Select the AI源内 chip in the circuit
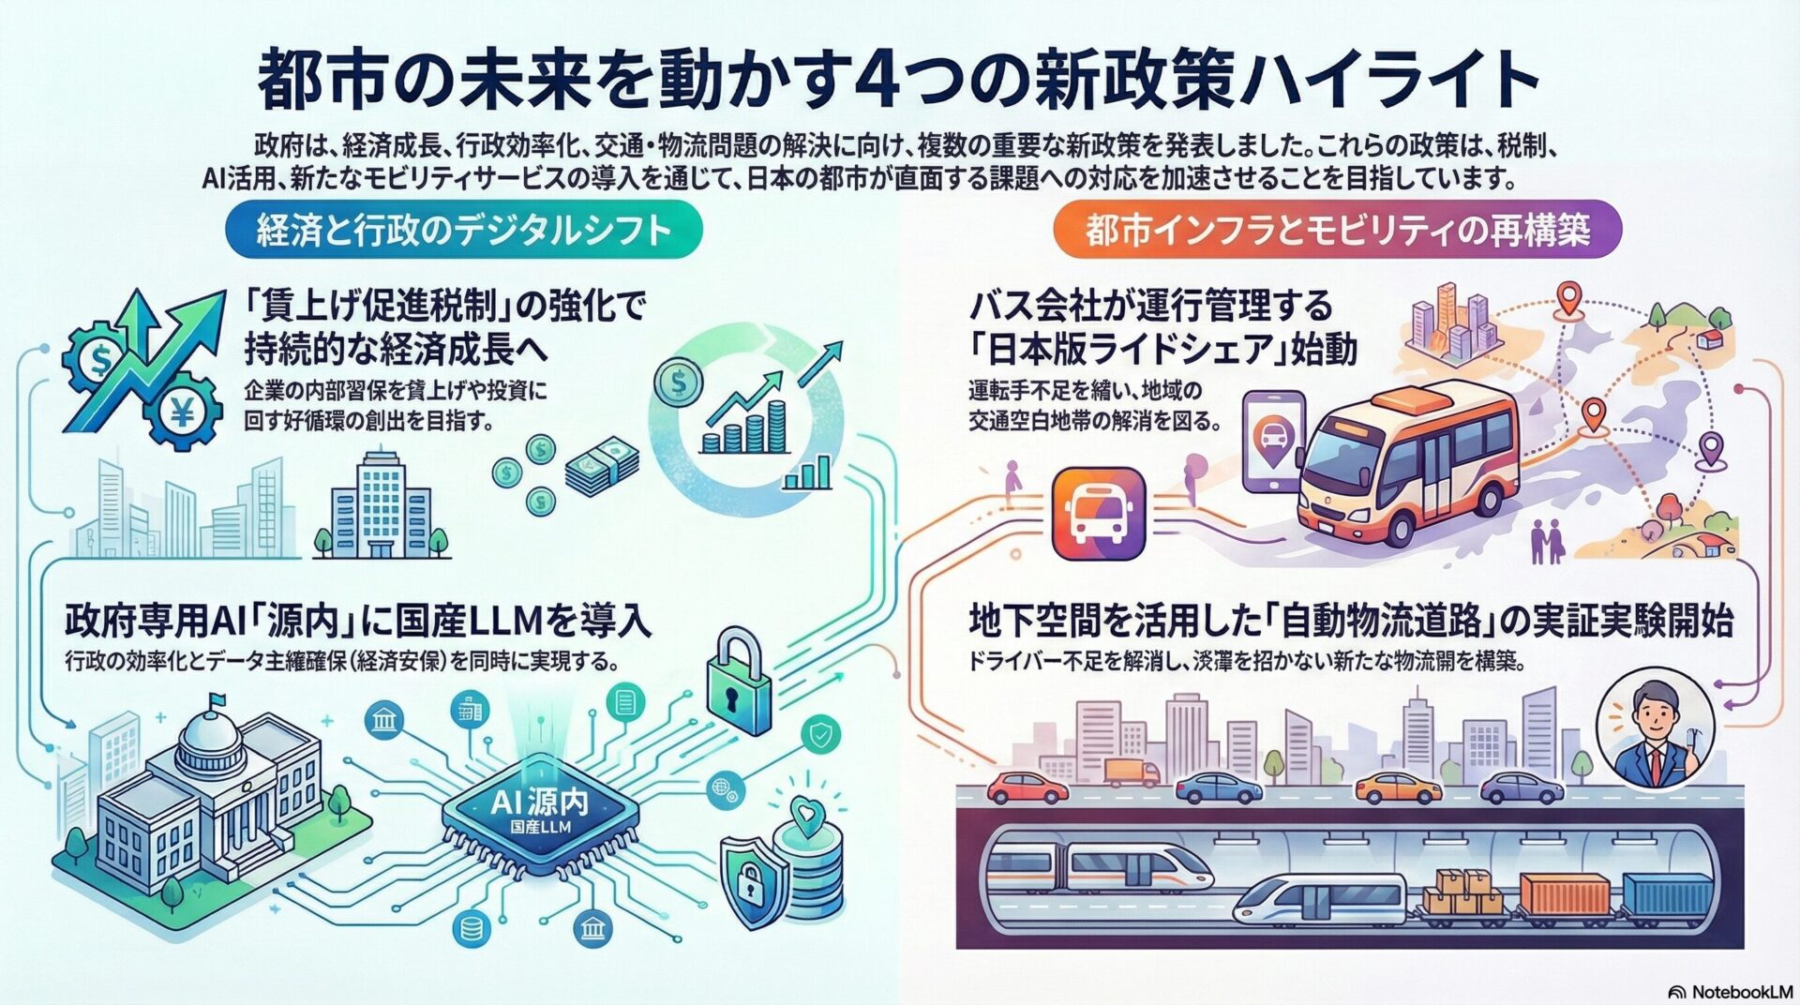coord(539,811)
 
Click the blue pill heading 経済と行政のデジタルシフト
coord(463,230)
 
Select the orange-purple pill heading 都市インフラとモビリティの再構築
coord(1336,230)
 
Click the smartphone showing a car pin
coord(1272,442)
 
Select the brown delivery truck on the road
coord(1132,772)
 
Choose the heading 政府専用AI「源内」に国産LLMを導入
coord(357,620)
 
